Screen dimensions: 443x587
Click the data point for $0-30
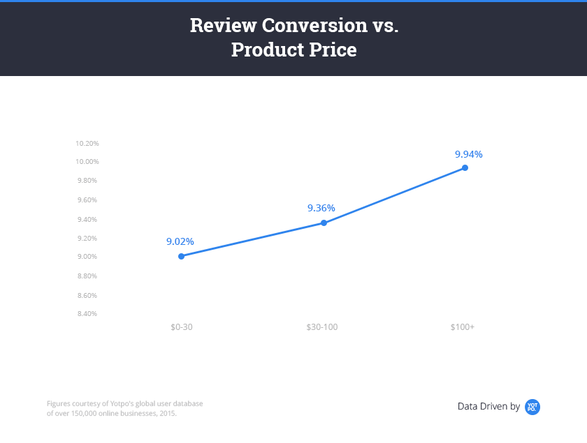click(182, 256)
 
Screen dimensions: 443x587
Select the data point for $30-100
click(324, 223)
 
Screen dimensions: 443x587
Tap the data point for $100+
click(465, 167)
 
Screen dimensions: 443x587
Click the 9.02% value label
click(180, 241)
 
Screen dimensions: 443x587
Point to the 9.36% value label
click(321, 208)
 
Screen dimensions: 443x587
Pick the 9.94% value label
click(469, 154)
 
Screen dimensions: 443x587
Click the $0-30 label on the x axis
click(182, 326)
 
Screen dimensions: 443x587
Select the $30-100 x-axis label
click(322, 326)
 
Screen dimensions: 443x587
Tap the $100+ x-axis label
click(463, 326)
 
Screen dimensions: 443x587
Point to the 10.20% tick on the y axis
click(88, 143)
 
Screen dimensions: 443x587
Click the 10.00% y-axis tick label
click(88, 161)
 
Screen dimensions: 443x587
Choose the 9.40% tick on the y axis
click(88, 219)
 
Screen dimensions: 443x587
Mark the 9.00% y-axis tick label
click(88, 257)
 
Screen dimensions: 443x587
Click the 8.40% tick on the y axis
click(88, 313)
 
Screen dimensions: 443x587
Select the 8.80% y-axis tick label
click(88, 276)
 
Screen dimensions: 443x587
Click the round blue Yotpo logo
click(532, 406)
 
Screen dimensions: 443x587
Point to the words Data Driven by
click(488, 406)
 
